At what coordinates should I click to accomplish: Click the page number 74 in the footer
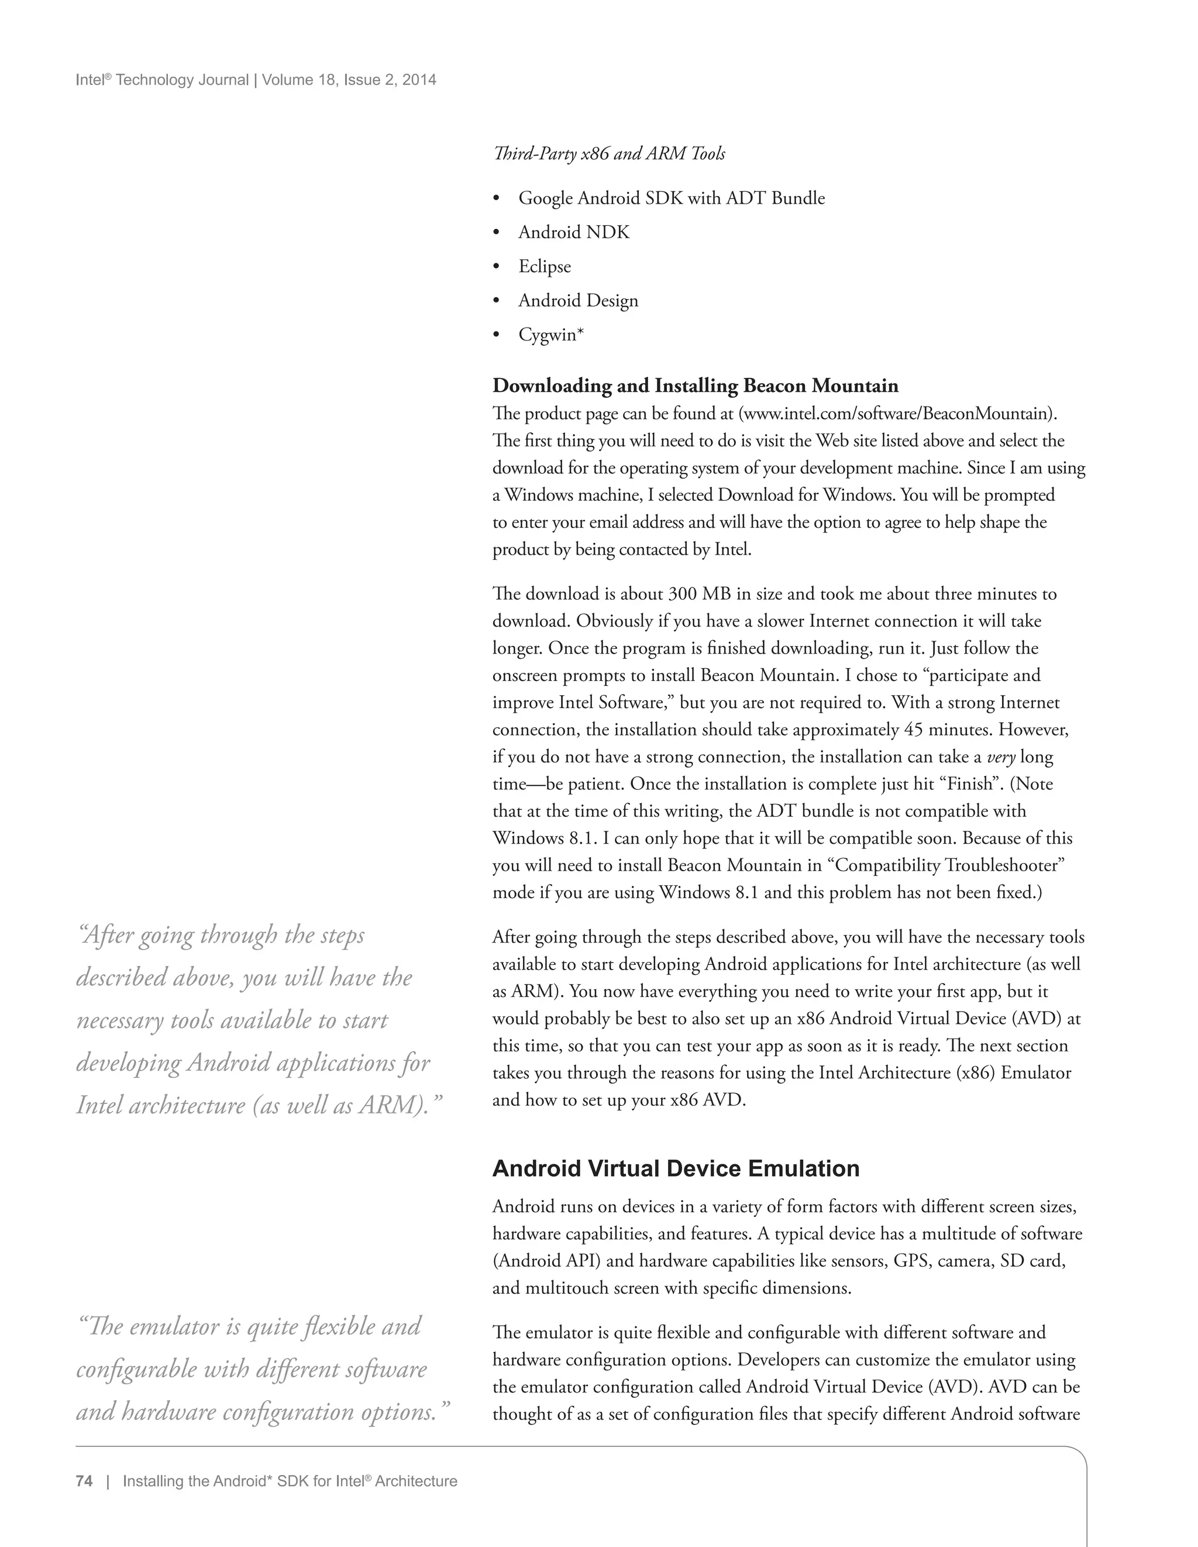click(x=84, y=1481)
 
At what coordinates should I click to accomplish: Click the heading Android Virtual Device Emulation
click(x=676, y=1168)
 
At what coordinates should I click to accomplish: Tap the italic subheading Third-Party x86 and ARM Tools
click(x=609, y=154)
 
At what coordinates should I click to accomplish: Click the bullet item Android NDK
click(x=573, y=232)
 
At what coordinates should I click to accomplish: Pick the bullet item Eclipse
click(x=545, y=266)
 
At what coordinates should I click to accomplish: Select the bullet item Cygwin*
click(x=551, y=334)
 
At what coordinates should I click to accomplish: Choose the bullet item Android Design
click(x=578, y=300)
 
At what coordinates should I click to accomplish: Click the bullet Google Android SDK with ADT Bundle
click(x=671, y=198)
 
